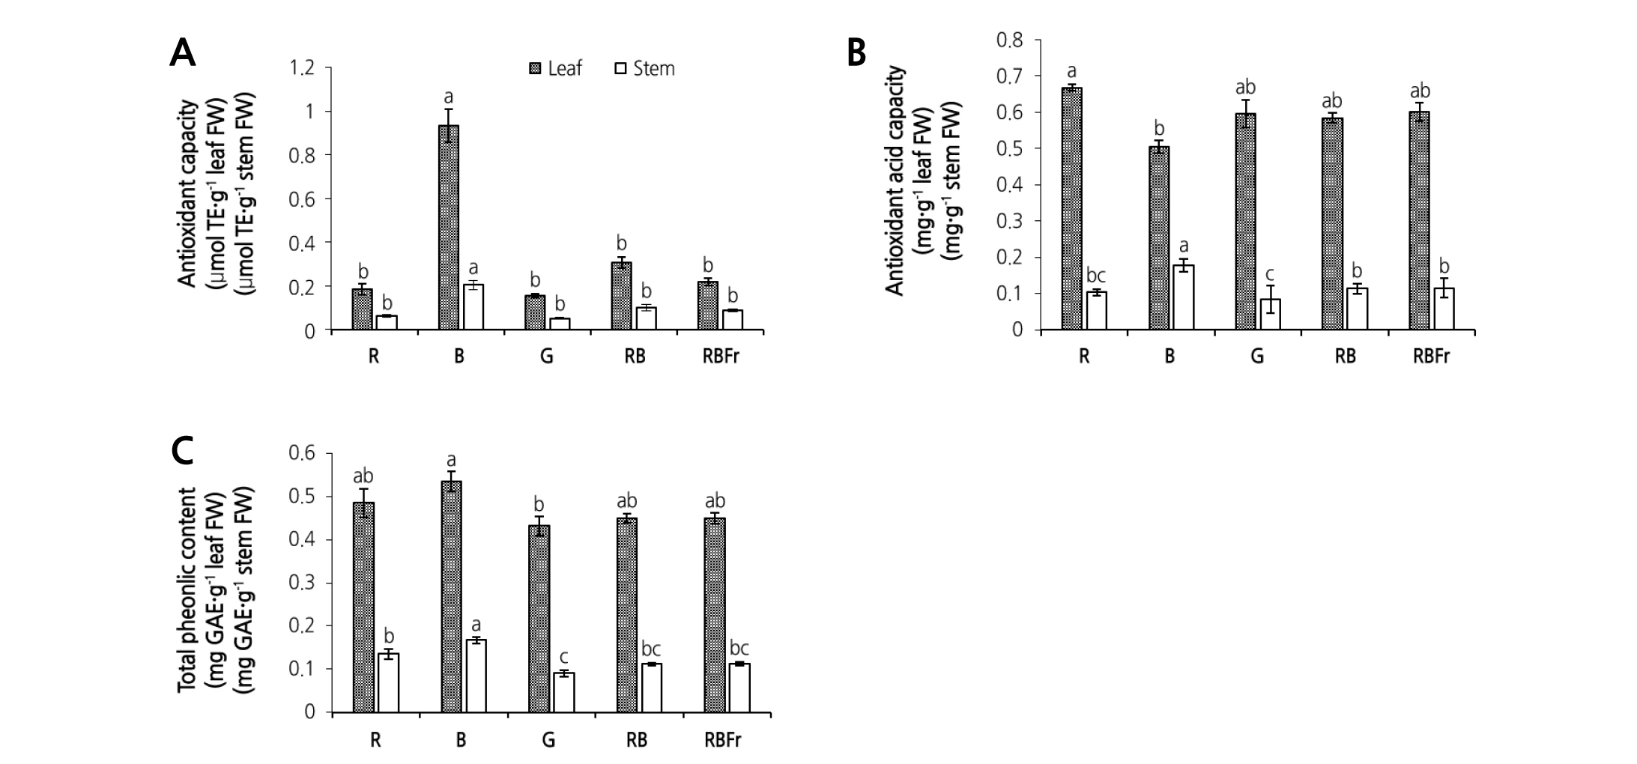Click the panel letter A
(x=183, y=53)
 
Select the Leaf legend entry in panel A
(x=556, y=69)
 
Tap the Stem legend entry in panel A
(x=644, y=69)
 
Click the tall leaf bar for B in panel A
(x=449, y=228)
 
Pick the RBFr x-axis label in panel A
(x=721, y=356)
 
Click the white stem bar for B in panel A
(x=473, y=307)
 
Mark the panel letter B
(x=856, y=53)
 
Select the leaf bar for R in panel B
(x=1071, y=209)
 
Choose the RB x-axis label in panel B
(x=1345, y=356)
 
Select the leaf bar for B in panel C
(x=451, y=596)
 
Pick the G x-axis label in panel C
(x=548, y=741)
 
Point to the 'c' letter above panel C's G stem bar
(x=563, y=655)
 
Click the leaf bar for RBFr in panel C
(x=715, y=615)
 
